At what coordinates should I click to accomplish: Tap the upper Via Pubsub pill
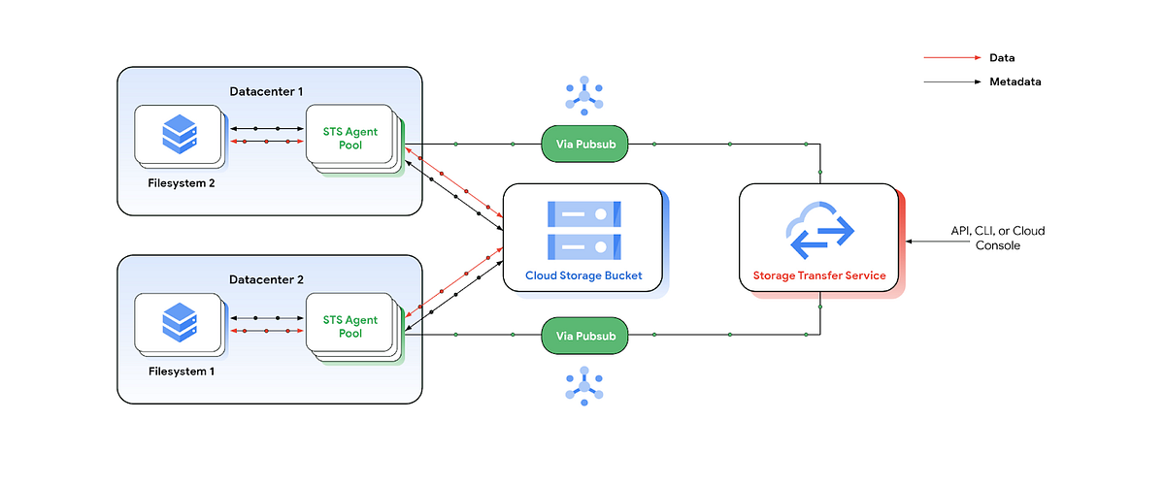click(x=584, y=145)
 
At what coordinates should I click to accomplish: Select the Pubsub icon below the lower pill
click(x=584, y=385)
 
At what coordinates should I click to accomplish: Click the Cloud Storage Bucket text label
click(x=583, y=275)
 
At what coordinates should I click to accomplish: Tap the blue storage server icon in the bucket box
click(x=583, y=227)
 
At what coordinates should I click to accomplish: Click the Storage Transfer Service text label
click(x=819, y=275)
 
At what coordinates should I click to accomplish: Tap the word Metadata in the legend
click(x=1015, y=82)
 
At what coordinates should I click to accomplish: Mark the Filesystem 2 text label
click(x=181, y=183)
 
